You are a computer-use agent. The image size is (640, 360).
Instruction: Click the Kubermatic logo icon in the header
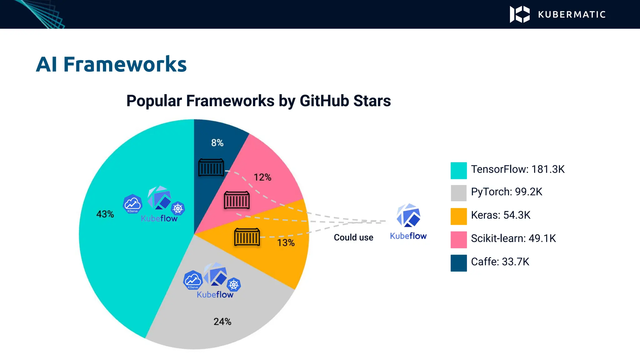click(520, 14)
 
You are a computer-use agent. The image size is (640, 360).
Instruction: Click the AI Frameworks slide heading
click(111, 64)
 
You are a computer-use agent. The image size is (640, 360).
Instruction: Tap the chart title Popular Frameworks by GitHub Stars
click(258, 101)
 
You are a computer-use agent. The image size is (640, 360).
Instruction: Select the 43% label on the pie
click(105, 214)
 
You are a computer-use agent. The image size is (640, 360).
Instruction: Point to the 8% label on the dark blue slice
click(217, 143)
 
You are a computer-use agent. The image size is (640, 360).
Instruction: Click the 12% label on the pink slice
click(262, 177)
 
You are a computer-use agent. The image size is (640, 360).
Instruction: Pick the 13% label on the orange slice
click(286, 243)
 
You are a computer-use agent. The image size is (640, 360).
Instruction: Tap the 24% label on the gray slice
click(222, 322)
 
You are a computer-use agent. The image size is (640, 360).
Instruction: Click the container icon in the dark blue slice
click(211, 168)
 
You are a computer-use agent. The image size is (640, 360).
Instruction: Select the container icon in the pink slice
click(237, 200)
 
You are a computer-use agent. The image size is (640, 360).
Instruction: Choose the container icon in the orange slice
click(247, 237)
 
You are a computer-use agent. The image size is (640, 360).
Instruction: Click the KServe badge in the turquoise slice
click(132, 204)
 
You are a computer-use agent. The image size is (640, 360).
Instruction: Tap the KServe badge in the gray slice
click(193, 280)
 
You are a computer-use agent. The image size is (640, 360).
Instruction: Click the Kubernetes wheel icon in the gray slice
click(234, 284)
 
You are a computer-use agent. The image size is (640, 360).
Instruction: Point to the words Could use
click(353, 237)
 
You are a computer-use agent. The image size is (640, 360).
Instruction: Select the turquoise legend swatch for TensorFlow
click(458, 171)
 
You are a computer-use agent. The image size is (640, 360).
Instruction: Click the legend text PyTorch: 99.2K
click(506, 192)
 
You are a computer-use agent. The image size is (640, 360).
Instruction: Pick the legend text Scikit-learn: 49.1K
click(513, 238)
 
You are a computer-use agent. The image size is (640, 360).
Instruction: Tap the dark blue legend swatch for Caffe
click(458, 263)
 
